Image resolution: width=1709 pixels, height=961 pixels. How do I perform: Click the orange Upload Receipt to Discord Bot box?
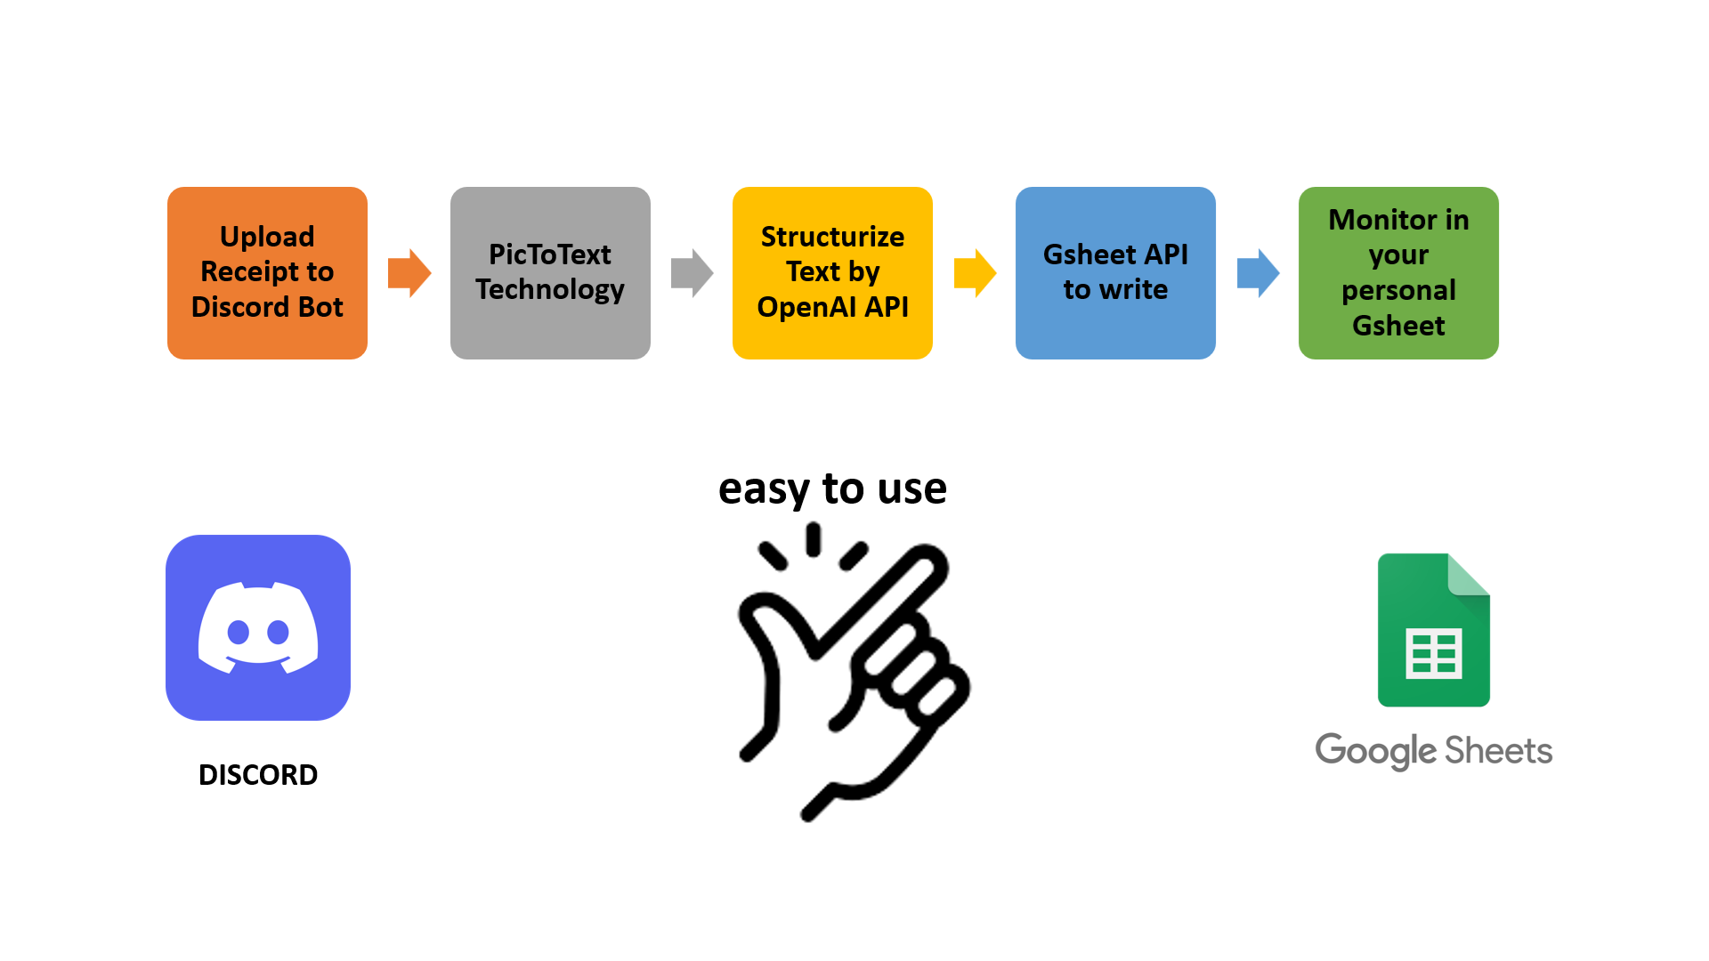pos(267,272)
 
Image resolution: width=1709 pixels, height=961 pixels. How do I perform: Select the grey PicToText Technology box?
pos(550,272)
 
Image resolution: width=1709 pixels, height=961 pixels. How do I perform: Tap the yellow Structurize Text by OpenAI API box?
pos(832,272)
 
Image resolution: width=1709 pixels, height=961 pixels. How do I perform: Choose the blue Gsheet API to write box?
pos(1115,272)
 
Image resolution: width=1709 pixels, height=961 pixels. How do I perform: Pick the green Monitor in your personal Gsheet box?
pos(1398,272)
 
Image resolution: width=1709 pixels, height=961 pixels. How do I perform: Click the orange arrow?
pos(409,272)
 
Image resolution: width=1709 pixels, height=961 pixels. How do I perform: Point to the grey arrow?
pos(692,272)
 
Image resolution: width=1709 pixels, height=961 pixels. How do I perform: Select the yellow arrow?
pos(975,272)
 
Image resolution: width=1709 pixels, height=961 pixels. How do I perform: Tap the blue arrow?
pos(1258,272)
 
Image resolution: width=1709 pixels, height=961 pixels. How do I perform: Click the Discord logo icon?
pos(258,627)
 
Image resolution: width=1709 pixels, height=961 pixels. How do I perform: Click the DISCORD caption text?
pos(258,775)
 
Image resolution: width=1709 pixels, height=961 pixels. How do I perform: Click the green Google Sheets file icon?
pos(1434,630)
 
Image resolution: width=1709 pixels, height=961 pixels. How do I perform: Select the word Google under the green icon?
pos(1376,751)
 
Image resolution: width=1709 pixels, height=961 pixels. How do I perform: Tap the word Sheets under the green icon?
pos(1499,751)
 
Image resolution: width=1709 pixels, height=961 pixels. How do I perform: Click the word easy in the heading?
pos(764,489)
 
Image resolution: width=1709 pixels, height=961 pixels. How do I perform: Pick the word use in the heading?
pos(911,489)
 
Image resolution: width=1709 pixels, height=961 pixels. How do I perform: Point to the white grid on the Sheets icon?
pos(1434,654)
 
